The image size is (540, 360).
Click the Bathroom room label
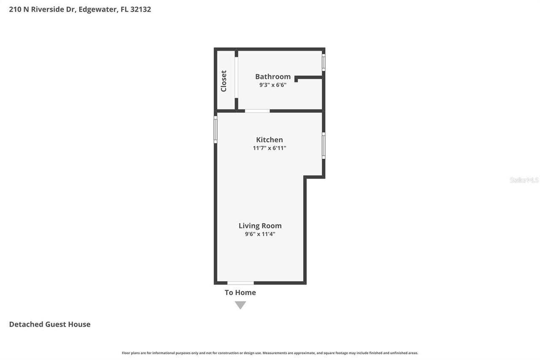tap(273, 76)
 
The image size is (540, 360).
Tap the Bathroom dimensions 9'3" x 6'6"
tap(273, 85)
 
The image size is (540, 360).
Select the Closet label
tap(224, 81)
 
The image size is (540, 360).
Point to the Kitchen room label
tap(269, 140)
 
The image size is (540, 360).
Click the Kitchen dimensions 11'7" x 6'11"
tap(269, 148)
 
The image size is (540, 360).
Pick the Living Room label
tap(260, 226)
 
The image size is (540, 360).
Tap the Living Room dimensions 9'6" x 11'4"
tap(260, 234)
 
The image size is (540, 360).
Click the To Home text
tap(240, 292)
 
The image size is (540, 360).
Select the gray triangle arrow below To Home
tap(240, 305)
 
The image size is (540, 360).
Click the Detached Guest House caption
tap(50, 324)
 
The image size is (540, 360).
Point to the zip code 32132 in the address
tap(141, 9)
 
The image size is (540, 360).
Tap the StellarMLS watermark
tap(524, 180)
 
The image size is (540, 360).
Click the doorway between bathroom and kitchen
tap(257, 111)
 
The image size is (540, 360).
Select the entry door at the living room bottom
tap(240, 283)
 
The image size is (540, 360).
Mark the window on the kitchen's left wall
tap(216, 130)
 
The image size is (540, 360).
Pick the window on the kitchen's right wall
tap(324, 146)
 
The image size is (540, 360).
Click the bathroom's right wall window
tap(324, 62)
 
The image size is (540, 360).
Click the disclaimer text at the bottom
tap(270, 353)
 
